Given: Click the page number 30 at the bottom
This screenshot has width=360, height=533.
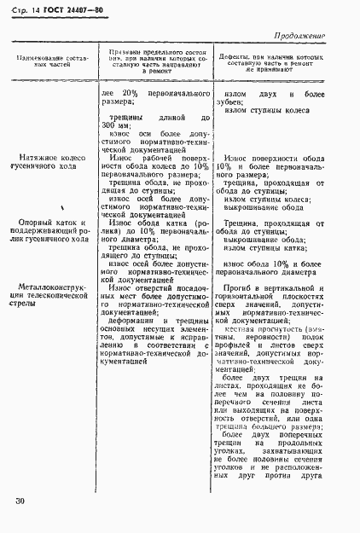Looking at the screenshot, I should coord(20,500).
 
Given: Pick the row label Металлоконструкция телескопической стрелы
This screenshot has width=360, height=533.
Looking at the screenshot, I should coord(55,294).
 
